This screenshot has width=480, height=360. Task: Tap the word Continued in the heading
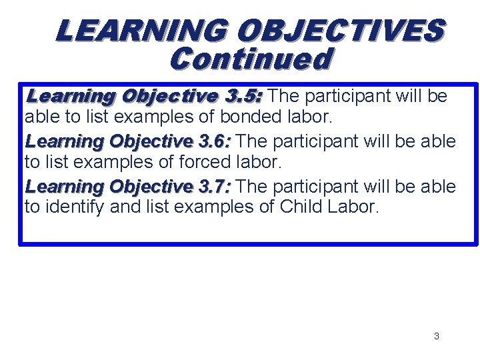(x=250, y=59)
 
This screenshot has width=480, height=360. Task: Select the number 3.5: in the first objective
(x=244, y=96)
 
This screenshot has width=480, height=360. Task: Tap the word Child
(x=301, y=207)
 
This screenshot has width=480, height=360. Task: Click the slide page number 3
(x=437, y=336)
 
